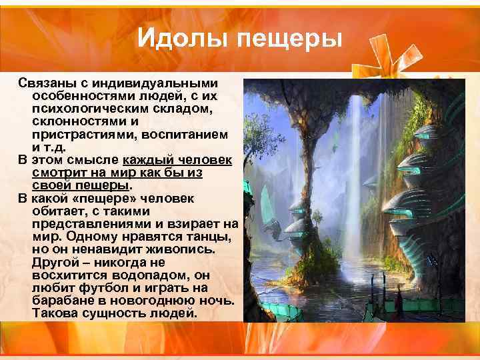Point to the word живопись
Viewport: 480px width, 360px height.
(182, 249)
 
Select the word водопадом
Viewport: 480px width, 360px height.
(149, 275)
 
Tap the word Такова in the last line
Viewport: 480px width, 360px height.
(56, 313)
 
